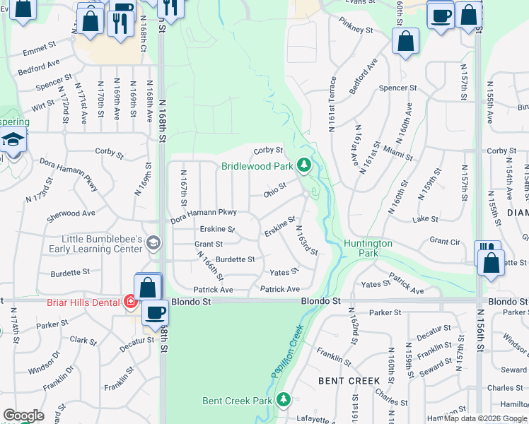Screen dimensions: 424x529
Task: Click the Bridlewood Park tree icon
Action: coord(304,165)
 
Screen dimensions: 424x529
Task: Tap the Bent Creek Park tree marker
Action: coord(284,400)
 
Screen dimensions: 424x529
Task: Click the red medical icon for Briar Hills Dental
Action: coord(130,302)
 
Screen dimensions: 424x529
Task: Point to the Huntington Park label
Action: coord(368,248)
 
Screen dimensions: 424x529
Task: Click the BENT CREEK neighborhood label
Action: coord(349,380)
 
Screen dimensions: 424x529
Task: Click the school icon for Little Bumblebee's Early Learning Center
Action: coord(152,245)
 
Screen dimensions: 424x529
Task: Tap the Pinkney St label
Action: coord(355,30)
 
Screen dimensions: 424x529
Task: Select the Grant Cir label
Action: coord(446,241)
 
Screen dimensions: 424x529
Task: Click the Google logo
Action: coord(23,416)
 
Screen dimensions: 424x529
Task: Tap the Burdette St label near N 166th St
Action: coord(235,259)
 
